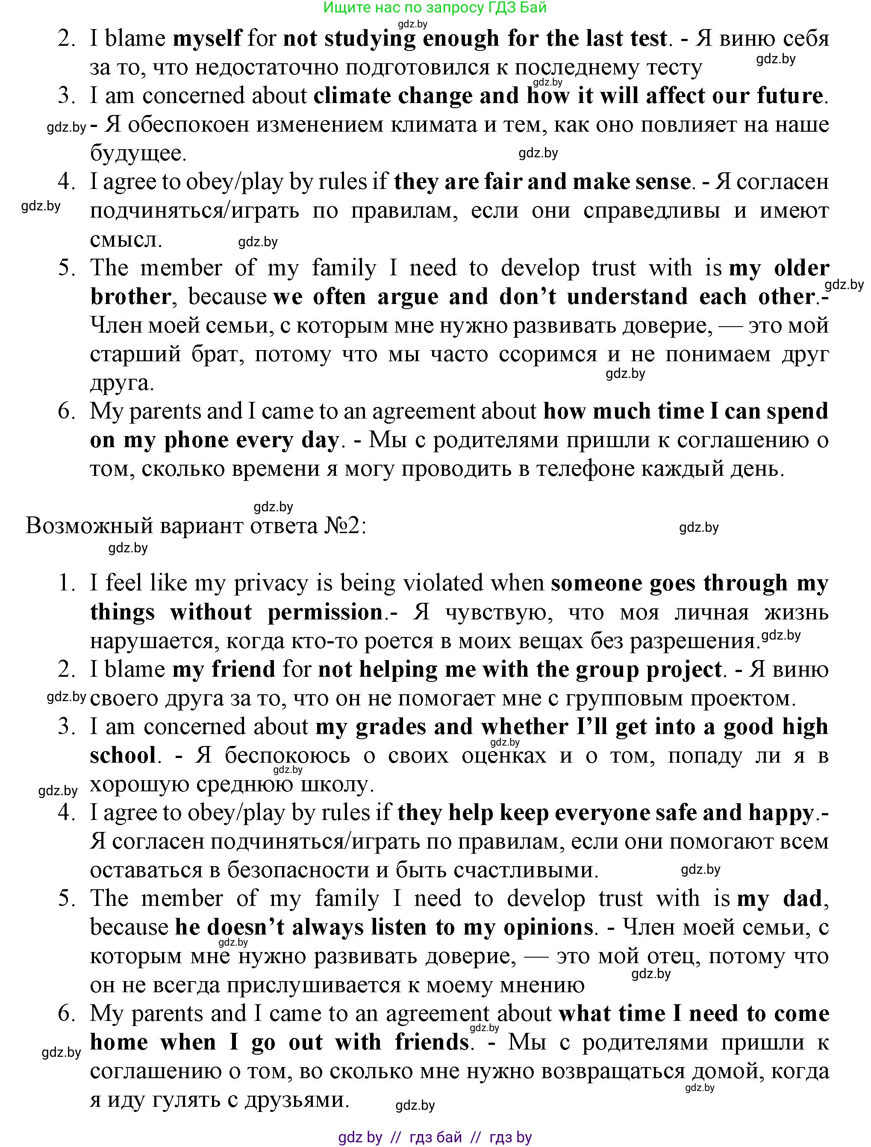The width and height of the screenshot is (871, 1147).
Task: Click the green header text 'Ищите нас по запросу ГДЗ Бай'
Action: click(435, 8)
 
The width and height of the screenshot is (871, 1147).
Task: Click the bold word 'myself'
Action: click(207, 39)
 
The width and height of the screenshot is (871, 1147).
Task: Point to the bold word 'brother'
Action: click(130, 297)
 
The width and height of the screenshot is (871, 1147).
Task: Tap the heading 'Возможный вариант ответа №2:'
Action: click(196, 526)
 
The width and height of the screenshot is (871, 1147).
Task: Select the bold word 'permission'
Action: click(325, 612)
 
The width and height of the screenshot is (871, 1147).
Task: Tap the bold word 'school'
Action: click(123, 756)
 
